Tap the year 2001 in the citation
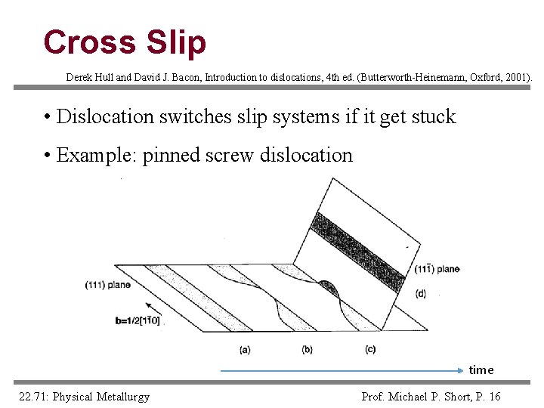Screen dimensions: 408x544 (x=519, y=77)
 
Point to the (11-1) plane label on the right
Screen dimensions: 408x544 (x=437, y=269)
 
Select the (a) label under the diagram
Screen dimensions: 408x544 (x=245, y=349)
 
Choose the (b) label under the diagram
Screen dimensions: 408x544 (x=307, y=349)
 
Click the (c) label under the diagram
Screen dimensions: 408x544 (x=369, y=349)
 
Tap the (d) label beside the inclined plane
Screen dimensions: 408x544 (x=420, y=293)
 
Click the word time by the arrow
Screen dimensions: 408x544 (x=481, y=369)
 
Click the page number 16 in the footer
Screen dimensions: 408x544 (x=494, y=397)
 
